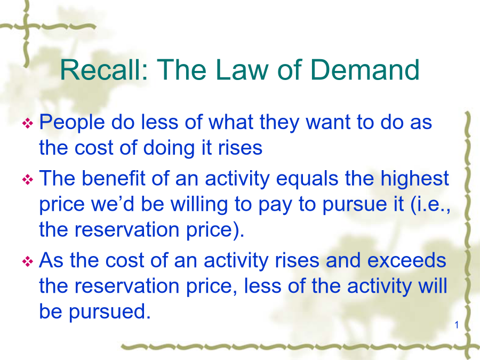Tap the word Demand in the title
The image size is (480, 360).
coord(365,70)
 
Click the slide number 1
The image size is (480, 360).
coord(457,325)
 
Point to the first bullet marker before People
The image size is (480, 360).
coord(28,123)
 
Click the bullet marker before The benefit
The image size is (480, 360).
coord(28,179)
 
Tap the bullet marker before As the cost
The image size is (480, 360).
coord(28,261)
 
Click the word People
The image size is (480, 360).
coord(72,123)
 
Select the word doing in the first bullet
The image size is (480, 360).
coord(169,148)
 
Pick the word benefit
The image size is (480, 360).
coord(113,178)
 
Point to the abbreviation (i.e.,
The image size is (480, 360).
coord(430,205)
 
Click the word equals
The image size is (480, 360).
coord(307,179)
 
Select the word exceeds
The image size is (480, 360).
coord(406,261)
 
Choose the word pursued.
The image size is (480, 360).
coord(109,312)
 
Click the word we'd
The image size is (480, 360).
coord(113,204)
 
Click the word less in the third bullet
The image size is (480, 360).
coord(262,286)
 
